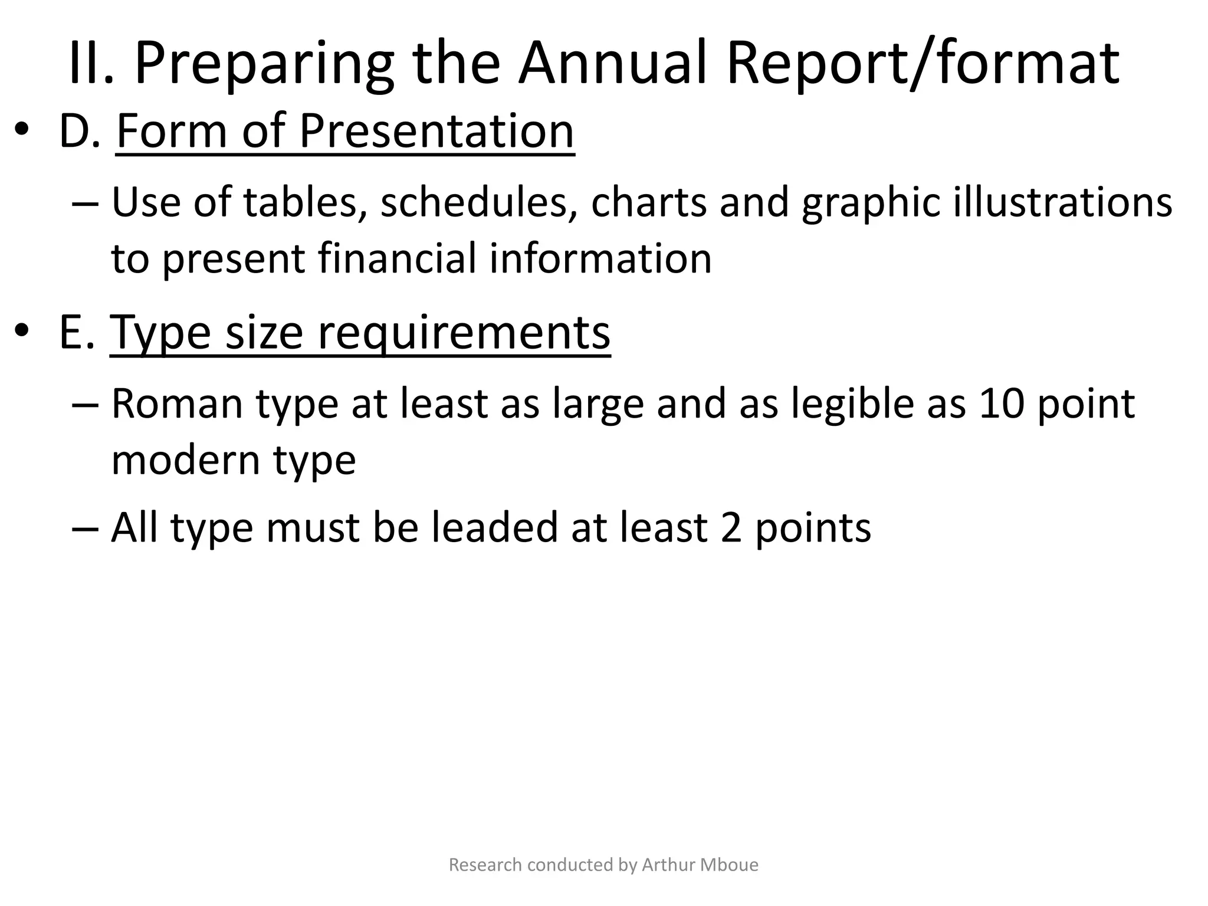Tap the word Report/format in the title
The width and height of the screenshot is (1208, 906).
tap(923, 64)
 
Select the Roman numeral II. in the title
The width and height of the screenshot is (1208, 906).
tap(91, 64)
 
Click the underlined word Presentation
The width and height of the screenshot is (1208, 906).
tap(436, 131)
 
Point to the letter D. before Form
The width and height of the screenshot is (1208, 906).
tap(80, 131)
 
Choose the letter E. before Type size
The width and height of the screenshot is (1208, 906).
tap(77, 333)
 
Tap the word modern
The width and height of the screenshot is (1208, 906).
tap(186, 460)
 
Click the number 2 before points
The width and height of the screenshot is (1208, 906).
tap(731, 528)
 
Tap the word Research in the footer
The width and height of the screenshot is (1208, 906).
tap(485, 865)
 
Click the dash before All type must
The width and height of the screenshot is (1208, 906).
tap(86, 528)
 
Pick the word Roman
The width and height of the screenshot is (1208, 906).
tap(177, 404)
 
